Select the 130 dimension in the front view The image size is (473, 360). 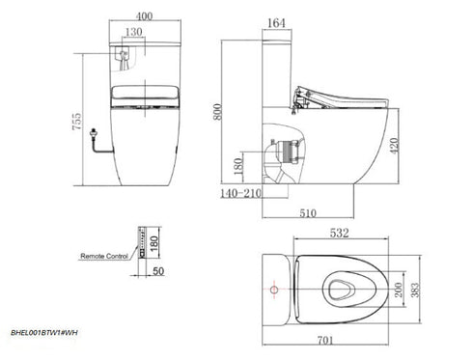tap(134, 34)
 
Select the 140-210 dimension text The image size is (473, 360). tap(239, 192)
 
